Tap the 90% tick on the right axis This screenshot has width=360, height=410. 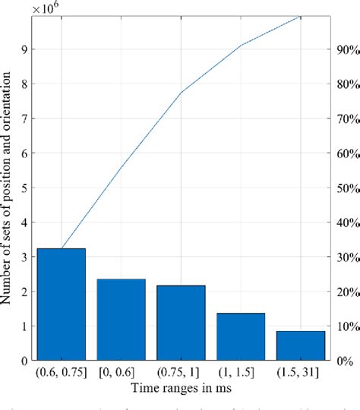click(345, 50)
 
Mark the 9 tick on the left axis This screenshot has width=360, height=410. click(24, 50)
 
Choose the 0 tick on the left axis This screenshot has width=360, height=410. click(24, 361)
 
